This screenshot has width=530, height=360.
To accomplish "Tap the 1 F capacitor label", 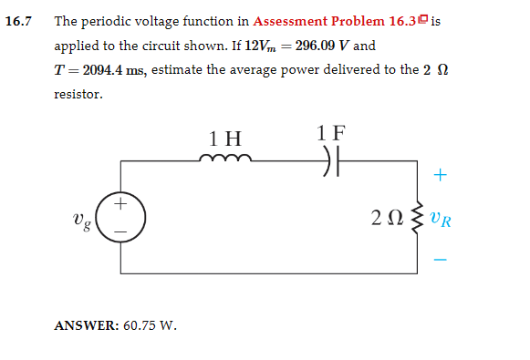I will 331,131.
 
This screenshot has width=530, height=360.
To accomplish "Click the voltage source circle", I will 120,216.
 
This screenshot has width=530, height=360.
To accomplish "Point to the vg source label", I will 80,220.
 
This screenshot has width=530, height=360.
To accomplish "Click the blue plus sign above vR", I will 442,173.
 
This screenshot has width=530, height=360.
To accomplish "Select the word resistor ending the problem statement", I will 78,94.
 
